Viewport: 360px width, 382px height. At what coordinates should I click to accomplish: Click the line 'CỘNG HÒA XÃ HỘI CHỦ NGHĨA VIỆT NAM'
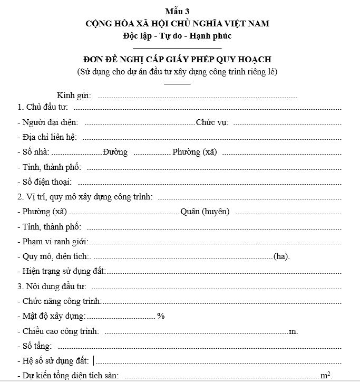point(180,24)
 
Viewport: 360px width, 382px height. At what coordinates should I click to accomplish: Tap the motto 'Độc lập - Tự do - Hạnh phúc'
point(180,36)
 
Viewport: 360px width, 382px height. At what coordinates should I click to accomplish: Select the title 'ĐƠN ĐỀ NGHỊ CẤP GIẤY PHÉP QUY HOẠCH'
point(180,60)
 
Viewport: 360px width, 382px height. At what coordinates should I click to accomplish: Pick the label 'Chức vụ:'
point(212,122)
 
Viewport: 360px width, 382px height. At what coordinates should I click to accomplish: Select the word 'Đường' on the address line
point(115,152)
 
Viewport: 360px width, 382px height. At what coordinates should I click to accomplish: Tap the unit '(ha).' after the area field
point(281,256)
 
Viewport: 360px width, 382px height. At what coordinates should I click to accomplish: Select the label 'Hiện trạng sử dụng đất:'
point(62,271)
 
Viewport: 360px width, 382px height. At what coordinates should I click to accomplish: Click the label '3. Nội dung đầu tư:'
point(52,286)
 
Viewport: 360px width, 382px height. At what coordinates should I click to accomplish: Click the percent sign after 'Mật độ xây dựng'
point(161,316)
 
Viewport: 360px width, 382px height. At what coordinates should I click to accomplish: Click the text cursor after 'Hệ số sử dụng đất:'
point(94,361)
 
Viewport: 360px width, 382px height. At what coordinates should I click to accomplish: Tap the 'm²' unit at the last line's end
point(326,375)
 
